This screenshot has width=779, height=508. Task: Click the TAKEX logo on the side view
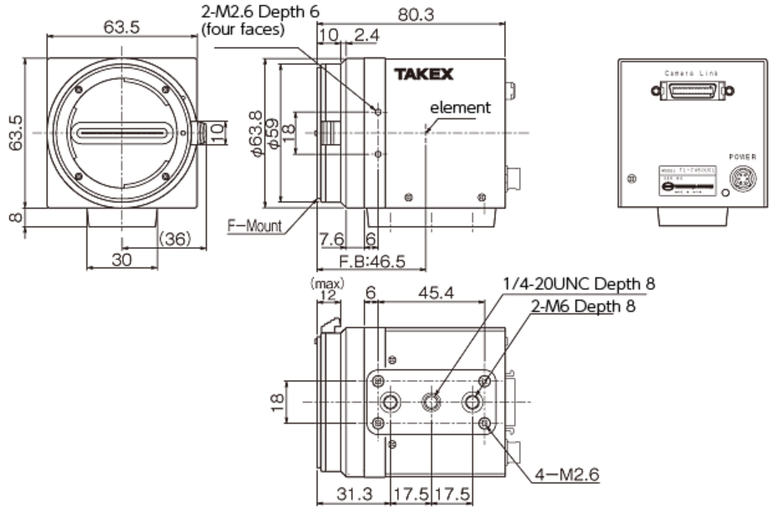click(x=423, y=75)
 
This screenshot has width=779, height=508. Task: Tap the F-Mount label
click(x=255, y=225)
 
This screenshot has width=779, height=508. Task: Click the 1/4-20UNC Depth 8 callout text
click(x=578, y=285)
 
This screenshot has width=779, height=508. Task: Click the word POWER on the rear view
click(x=742, y=157)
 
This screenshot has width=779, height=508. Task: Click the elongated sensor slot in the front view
click(x=124, y=133)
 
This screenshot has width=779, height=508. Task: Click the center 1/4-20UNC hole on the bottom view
click(x=431, y=402)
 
